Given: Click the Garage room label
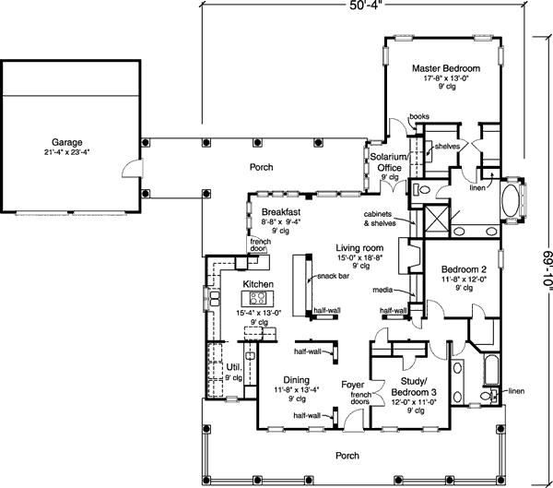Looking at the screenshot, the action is (67, 142).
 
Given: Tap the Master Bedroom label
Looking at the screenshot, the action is (446, 68).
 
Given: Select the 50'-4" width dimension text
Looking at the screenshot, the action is (366, 6).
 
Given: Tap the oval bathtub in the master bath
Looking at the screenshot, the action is (511, 200).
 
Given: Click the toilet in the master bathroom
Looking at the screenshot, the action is (422, 190).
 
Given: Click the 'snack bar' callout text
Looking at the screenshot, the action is (333, 276).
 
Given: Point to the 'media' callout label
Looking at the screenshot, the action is (382, 290).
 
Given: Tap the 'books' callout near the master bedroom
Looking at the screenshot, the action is (419, 116).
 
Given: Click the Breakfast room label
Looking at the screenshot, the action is (281, 212).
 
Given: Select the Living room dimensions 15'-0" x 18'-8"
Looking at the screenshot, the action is (360, 257).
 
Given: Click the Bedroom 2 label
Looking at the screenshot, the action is (464, 269).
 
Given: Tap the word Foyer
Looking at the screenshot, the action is (353, 385).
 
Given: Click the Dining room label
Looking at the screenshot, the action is (297, 380).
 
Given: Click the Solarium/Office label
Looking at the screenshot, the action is (389, 161).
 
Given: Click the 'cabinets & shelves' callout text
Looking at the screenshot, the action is (380, 219).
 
